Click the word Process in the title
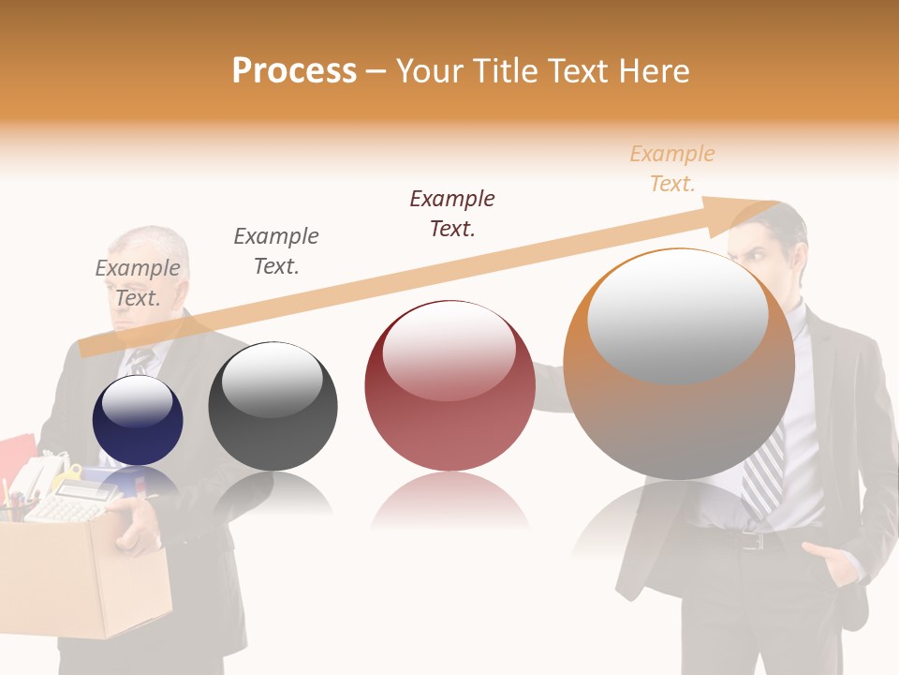pos(294,71)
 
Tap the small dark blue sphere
pos(138,420)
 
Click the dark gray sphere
pos(273,407)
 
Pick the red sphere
pos(449,386)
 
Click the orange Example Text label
pos(671,169)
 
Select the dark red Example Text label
pos(452,213)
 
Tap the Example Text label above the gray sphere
pos(276,250)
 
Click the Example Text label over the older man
pos(138,282)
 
